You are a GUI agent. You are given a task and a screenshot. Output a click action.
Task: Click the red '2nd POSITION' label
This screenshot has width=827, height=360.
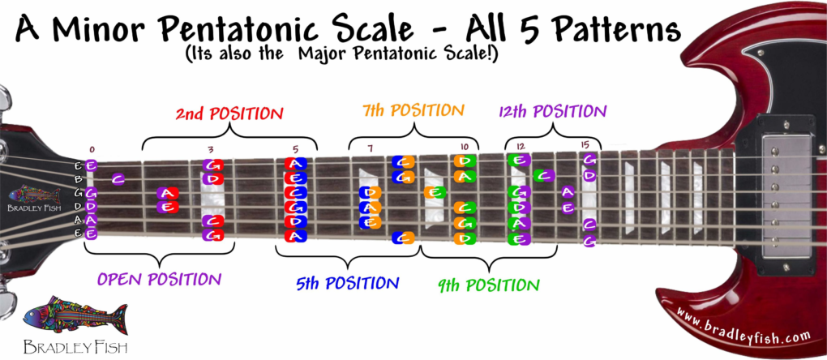point(229,114)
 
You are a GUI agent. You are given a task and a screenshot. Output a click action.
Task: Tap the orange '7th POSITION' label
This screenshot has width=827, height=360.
point(413,111)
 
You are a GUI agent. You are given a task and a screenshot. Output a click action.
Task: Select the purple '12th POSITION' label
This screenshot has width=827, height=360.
point(552,111)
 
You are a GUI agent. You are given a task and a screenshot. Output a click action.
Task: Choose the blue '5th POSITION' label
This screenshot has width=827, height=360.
point(347,284)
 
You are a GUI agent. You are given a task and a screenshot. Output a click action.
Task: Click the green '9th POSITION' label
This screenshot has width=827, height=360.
point(489,285)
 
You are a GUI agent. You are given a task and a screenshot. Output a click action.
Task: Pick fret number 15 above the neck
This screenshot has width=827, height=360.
point(585,145)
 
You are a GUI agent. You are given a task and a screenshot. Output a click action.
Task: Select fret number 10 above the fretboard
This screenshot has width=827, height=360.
point(464,146)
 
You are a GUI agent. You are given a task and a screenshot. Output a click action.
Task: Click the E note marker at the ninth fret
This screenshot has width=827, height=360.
point(435,192)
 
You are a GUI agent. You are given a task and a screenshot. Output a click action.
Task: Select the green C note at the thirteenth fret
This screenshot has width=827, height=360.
point(543,174)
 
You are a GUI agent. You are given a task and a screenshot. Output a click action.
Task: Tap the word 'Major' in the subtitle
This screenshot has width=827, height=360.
point(322,54)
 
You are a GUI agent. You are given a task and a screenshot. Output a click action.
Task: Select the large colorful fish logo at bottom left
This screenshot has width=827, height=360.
point(75,316)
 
